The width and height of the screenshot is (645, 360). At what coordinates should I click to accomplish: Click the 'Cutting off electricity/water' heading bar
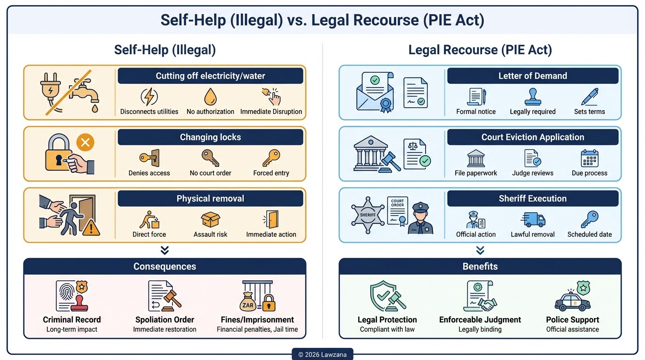pos(210,76)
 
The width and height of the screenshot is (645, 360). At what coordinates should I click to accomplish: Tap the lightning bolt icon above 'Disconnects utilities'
pos(149,97)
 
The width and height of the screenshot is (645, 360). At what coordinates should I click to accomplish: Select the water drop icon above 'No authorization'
pos(210,97)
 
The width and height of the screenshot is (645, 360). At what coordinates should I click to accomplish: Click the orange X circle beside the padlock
pos(85,142)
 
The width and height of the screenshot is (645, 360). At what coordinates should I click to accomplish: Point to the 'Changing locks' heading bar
pos(210,137)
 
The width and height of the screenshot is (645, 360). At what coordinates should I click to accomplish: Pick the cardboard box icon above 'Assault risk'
pos(210,219)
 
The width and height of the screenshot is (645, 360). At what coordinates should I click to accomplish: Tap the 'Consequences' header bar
pos(165,266)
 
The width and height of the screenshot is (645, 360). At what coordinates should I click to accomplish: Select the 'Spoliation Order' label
pos(165,320)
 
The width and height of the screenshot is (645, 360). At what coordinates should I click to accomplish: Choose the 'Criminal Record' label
pos(72,320)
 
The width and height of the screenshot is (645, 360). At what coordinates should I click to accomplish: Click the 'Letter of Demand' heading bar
pos(532,76)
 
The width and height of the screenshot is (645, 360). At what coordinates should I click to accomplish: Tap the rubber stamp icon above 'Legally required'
pos(532,97)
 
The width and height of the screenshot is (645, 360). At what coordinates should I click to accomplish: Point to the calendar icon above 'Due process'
pos(589,158)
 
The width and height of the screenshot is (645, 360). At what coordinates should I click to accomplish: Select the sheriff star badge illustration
pos(368,215)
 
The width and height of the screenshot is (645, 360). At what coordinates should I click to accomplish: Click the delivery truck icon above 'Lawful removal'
pos(532,219)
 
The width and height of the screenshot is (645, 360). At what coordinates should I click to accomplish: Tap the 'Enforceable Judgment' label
pos(480,320)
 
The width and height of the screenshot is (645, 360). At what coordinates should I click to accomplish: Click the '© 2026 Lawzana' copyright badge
pos(322,354)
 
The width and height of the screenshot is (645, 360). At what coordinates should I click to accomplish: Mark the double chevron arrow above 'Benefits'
pos(480,250)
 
